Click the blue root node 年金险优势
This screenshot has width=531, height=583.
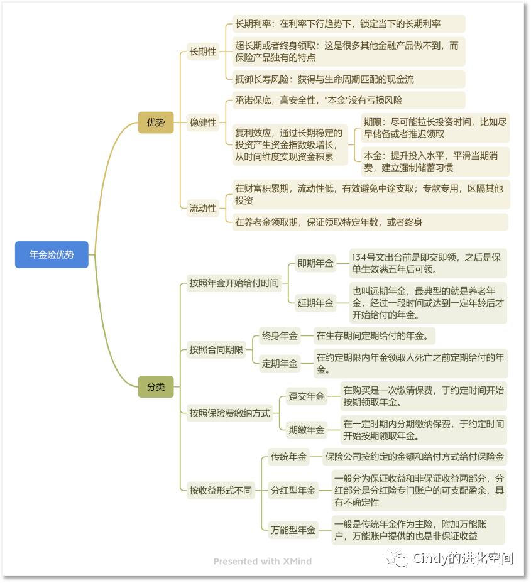tap(52, 254)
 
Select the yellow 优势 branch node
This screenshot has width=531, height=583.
tap(156, 123)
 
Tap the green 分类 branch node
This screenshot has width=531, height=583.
tap(156, 387)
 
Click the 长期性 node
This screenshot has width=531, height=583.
tap(203, 52)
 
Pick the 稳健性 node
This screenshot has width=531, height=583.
tap(203, 123)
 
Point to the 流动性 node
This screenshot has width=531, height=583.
tap(203, 208)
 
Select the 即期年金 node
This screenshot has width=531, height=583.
tap(315, 264)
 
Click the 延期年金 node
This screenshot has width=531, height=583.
tap(315, 303)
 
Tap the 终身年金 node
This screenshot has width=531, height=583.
tap(280, 336)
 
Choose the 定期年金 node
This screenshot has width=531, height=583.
tap(280, 363)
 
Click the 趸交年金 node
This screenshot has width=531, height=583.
tap(307, 396)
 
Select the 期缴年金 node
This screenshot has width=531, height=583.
tap(307, 430)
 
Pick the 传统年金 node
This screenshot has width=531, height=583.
tap(289, 457)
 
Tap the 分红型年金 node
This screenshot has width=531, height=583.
tap(293, 490)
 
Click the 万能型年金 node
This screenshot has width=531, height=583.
tap(293, 530)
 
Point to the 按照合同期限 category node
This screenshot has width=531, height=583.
tap(216, 350)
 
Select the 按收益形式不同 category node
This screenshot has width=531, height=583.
tap(221, 490)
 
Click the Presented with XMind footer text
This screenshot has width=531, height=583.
tap(262, 561)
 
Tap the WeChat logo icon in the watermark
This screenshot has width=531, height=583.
tap(397, 558)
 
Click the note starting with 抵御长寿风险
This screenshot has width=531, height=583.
tap(324, 79)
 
